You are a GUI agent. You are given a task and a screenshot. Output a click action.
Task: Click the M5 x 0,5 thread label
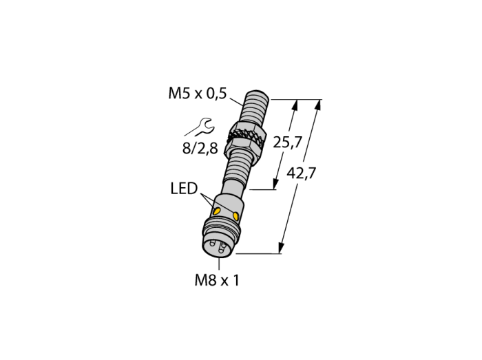click(x=198, y=93)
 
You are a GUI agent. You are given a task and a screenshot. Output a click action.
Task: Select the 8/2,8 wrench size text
click(x=200, y=149)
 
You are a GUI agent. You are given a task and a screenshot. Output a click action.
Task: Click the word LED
click(x=184, y=189)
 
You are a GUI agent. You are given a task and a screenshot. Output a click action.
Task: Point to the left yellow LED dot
click(x=217, y=211)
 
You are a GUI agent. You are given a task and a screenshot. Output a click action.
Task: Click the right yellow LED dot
click(x=235, y=216)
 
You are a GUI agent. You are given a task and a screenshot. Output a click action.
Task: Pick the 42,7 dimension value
click(x=302, y=173)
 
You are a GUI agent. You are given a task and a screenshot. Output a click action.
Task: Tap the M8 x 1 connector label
click(x=217, y=280)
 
